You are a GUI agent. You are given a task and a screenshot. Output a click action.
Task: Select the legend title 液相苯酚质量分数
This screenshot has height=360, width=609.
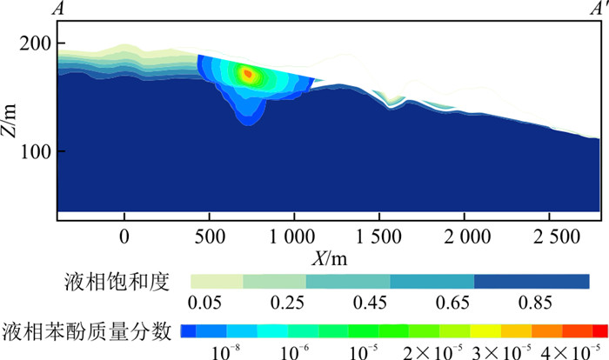coord(88,330)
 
